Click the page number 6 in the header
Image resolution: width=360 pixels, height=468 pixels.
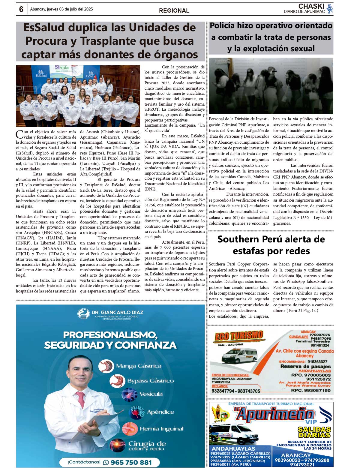click(x=21, y=9)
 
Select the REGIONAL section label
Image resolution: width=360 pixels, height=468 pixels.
click(x=174, y=10)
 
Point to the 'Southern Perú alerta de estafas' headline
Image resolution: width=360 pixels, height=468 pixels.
click(x=271, y=245)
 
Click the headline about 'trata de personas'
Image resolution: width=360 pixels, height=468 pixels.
click(x=271, y=37)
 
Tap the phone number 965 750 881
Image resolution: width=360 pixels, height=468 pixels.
click(x=131, y=462)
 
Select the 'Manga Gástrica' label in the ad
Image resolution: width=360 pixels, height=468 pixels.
click(x=139, y=366)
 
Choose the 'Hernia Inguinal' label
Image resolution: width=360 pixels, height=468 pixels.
click(x=161, y=429)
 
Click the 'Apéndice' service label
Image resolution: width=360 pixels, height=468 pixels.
click(x=160, y=412)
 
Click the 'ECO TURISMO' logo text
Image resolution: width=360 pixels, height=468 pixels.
click(x=239, y=336)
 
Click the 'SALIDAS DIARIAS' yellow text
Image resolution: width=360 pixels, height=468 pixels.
click(x=314, y=432)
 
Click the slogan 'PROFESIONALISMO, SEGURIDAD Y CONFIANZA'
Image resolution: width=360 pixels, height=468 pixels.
click(x=110, y=340)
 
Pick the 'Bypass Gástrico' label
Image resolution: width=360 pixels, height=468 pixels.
click(x=151, y=381)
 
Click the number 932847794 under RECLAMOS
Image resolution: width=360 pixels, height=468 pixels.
click(x=223, y=391)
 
